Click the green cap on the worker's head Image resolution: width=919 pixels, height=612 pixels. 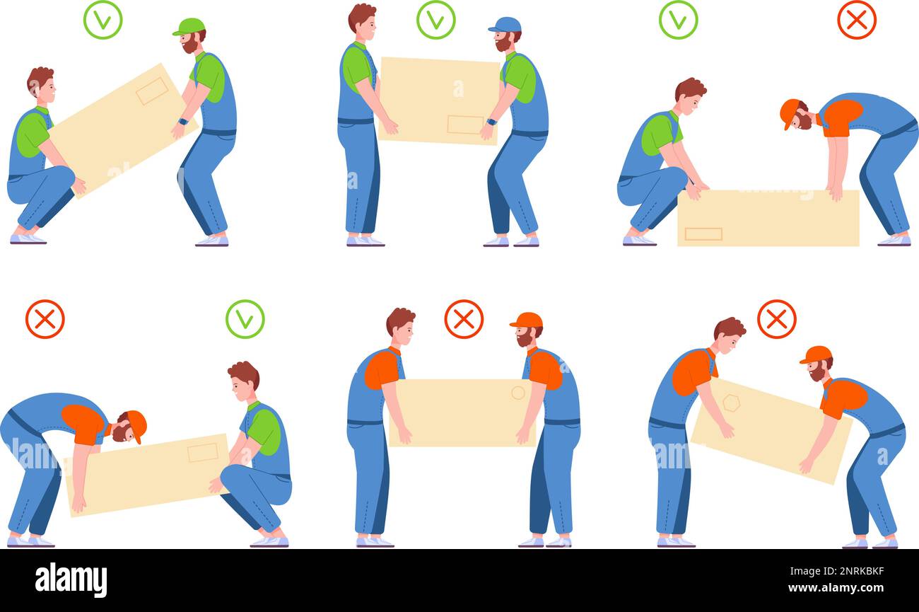[x=188, y=27]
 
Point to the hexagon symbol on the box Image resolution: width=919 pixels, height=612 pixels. [x=730, y=403]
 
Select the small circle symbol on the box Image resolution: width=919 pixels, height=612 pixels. [x=518, y=393]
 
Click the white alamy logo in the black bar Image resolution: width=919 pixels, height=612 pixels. [x=71, y=579]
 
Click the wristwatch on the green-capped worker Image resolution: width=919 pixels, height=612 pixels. [x=182, y=122]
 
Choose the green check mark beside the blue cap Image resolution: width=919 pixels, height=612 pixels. [x=435, y=20]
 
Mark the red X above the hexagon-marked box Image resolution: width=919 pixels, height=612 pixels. [x=776, y=319]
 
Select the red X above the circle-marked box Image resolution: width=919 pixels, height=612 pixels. [x=464, y=319]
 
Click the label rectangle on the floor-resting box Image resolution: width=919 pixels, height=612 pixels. [x=703, y=233]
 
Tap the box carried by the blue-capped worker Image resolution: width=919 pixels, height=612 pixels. [x=439, y=100]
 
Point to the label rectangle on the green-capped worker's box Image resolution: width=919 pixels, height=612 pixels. [x=152, y=91]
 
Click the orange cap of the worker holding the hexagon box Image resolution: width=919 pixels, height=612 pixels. [x=816, y=354]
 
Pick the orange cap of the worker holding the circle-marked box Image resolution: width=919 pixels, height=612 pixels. [x=527, y=320]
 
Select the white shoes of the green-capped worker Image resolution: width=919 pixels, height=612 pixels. [x=212, y=241]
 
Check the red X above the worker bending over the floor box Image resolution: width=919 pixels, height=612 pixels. [x=856, y=20]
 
